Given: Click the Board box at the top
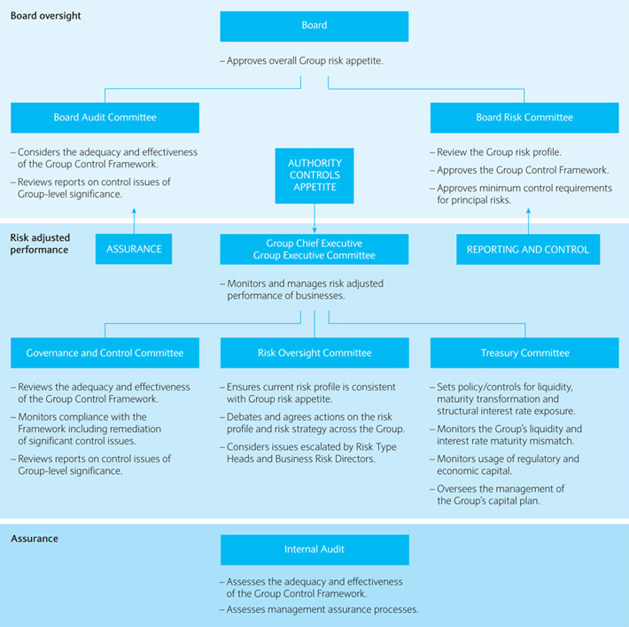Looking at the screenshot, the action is coord(314,27).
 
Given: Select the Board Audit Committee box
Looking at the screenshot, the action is coord(105,118).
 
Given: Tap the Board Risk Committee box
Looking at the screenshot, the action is coord(524,118).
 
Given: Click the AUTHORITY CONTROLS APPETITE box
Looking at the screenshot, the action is coord(314,175).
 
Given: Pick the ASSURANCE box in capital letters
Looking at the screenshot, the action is coord(134,249).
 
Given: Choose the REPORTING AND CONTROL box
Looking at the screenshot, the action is coord(528,250).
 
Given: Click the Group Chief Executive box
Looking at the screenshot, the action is coord(314,250).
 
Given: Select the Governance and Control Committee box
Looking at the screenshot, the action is coord(105,352).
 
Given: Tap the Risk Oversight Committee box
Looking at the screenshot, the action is coord(314,352).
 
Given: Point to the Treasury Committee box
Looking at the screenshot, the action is coord(524,352).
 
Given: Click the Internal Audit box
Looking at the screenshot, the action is coord(314,550).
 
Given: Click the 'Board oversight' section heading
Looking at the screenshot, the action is coord(45,16).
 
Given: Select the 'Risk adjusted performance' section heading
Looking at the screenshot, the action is coord(40,244).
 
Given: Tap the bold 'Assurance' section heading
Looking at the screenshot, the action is coord(35,538).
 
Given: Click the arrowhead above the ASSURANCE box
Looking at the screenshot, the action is coord(134,211).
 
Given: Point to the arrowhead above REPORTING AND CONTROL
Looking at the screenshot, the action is coord(528,211).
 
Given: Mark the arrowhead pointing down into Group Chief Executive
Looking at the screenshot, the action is coord(314,230).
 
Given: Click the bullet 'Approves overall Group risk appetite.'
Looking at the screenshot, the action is coord(302,61).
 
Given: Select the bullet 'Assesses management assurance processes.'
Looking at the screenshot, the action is coord(319,609).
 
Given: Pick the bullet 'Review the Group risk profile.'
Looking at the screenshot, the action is coord(495,152).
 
